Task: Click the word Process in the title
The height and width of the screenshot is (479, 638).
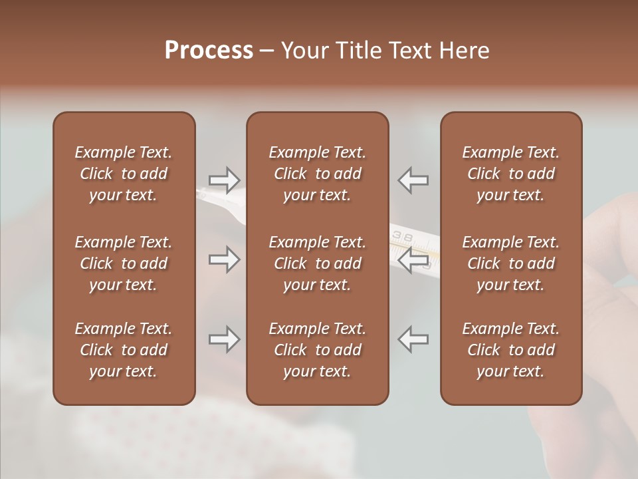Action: click(209, 51)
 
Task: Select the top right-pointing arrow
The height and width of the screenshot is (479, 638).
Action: click(225, 180)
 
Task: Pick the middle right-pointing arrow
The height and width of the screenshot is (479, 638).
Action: click(225, 259)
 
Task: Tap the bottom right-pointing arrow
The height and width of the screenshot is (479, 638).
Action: click(225, 339)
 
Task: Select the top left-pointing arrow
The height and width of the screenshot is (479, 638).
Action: click(413, 180)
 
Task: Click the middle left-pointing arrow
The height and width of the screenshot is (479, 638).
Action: click(413, 259)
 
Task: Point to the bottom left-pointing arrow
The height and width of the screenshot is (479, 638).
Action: click(413, 339)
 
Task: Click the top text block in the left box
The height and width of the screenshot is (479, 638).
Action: click(124, 174)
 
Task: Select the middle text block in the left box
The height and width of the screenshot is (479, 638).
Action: click(124, 263)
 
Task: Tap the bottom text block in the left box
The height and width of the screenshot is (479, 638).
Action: click(124, 350)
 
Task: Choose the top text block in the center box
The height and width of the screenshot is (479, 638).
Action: click(317, 174)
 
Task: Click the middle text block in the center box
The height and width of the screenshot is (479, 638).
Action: click(317, 263)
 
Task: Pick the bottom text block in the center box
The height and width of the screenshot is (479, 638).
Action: click(317, 350)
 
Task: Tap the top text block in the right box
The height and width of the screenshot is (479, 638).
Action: click(510, 174)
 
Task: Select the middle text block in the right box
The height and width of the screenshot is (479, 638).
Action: click(510, 263)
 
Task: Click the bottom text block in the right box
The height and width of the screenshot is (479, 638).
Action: click(510, 350)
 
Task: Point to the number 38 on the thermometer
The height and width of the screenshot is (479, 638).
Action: click(403, 236)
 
